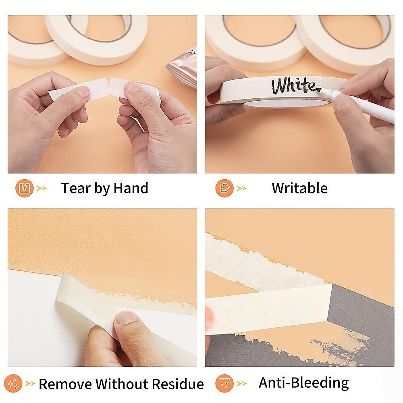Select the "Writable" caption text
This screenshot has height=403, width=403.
(300, 188)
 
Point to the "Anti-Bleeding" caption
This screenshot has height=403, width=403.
(304, 383)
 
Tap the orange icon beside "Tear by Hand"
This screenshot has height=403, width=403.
(25, 188)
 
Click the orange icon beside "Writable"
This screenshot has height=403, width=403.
(224, 188)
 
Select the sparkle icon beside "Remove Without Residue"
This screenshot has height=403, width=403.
(13, 384)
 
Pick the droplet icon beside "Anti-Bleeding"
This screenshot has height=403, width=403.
(224, 384)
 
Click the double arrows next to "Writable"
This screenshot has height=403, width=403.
(241, 189)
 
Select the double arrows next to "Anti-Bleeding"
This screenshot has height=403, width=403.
(241, 384)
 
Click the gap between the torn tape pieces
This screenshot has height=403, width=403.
(108, 84)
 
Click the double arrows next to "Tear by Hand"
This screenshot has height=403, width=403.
(42, 189)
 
